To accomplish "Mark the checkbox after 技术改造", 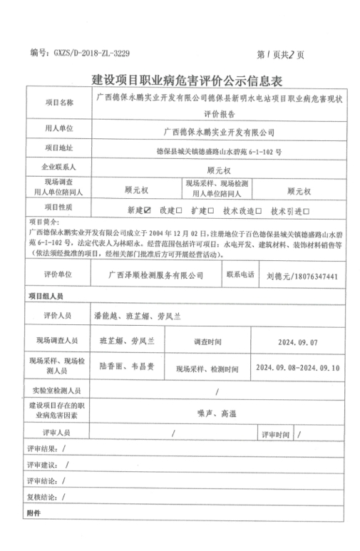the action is [259, 210].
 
